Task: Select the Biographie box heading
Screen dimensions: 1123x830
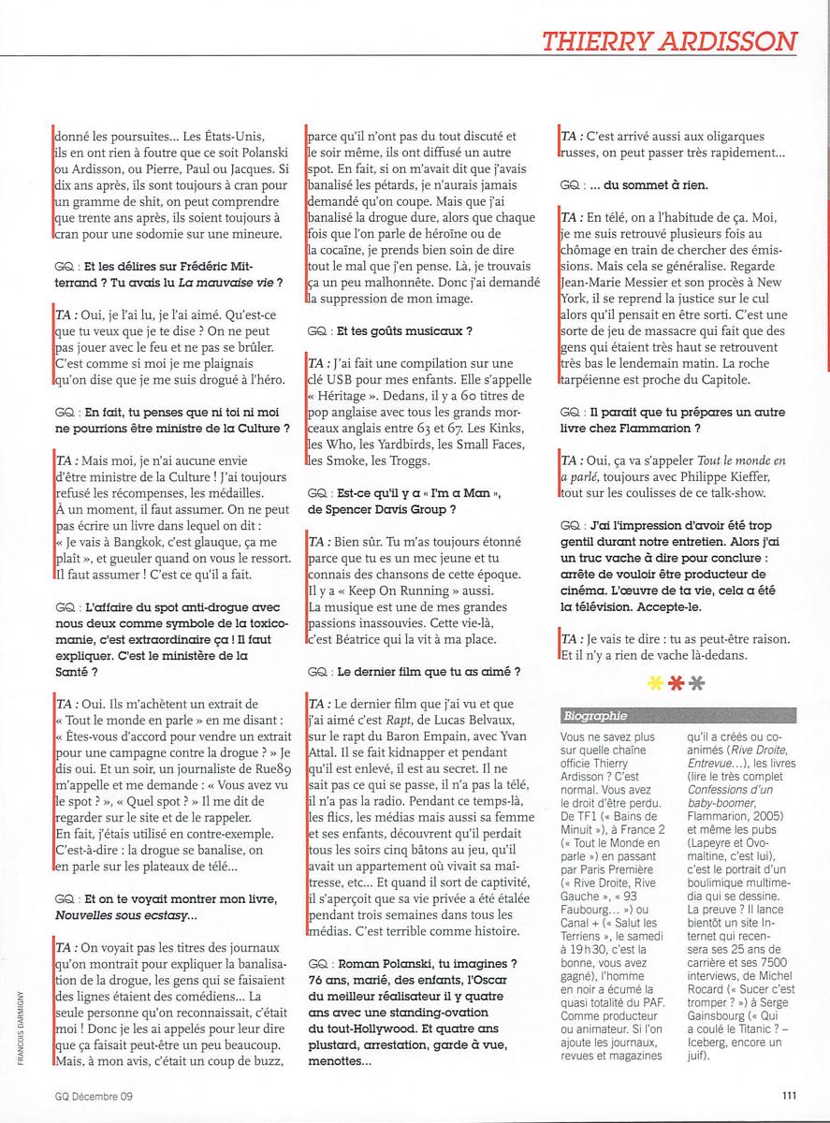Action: (595, 716)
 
